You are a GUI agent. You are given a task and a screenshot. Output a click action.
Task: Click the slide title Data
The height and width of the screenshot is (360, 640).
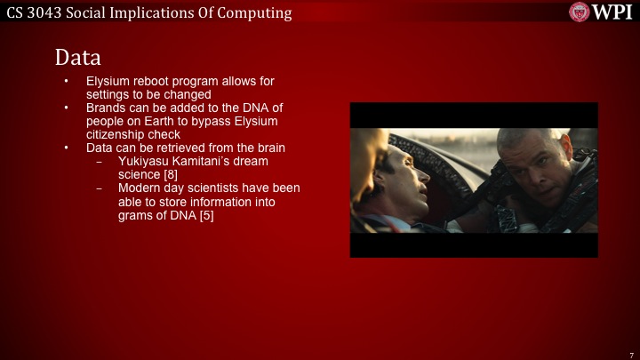(78, 57)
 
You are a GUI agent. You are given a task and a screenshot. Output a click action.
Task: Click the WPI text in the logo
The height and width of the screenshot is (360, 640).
(613, 12)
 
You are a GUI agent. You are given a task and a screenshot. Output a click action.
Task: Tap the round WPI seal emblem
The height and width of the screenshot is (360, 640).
(580, 12)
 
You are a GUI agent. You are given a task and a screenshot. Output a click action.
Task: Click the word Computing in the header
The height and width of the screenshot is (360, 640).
(254, 12)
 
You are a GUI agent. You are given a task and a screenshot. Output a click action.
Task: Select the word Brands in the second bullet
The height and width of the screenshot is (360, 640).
(106, 108)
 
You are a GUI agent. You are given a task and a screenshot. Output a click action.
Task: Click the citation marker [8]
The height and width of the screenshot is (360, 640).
(169, 175)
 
